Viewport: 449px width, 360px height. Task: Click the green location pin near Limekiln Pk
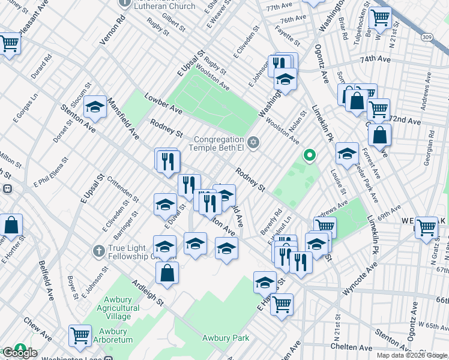point(310,156)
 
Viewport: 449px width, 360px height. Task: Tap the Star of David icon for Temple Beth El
point(253,142)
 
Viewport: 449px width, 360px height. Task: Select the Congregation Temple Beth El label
point(218,141)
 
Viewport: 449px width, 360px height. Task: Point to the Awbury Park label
point(225,338)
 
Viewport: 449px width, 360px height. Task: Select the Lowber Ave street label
point(163,103)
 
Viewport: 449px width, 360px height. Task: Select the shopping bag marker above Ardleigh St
point(167,273)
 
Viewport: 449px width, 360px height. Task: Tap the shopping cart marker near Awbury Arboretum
point(80,336)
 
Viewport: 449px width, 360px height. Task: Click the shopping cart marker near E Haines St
point(282,305)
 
